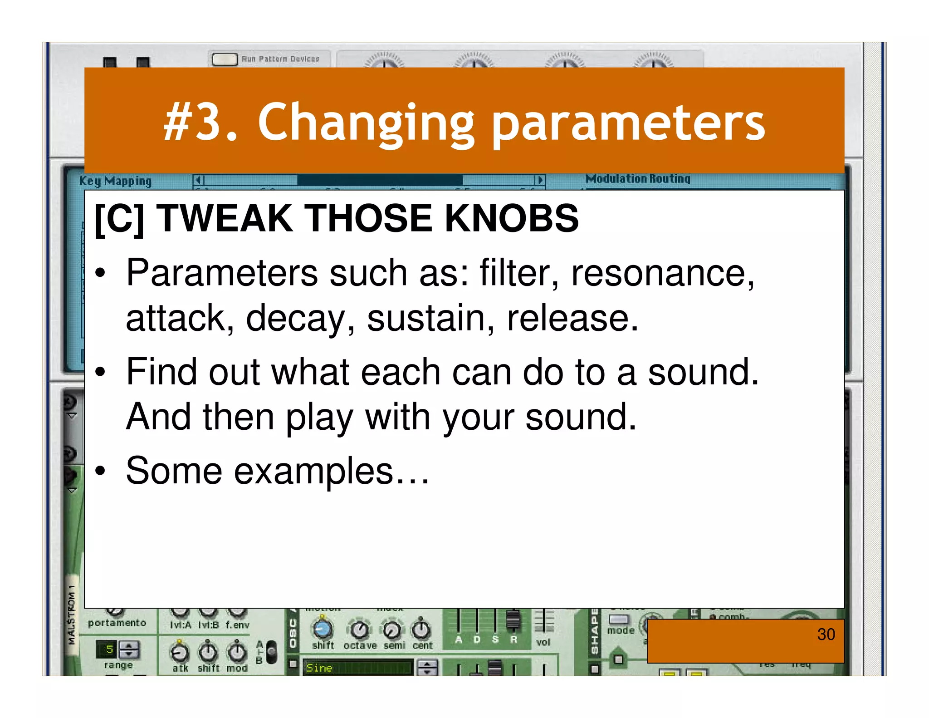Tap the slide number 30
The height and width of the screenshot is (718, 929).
point(826,634)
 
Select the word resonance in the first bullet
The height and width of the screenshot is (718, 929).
point(662,273)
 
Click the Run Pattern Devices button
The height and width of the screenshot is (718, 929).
point(225,59)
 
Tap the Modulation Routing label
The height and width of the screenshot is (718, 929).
point(638,179)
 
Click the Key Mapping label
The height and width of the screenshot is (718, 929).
point(115,181)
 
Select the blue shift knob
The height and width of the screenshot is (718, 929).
point(323,629)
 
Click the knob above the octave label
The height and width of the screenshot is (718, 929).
point(360,629)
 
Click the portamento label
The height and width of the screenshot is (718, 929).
point(117,623)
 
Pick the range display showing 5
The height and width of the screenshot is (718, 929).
point(108,649)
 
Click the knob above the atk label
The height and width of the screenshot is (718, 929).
point(180,652)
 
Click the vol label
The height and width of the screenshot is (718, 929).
point(543,642)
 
